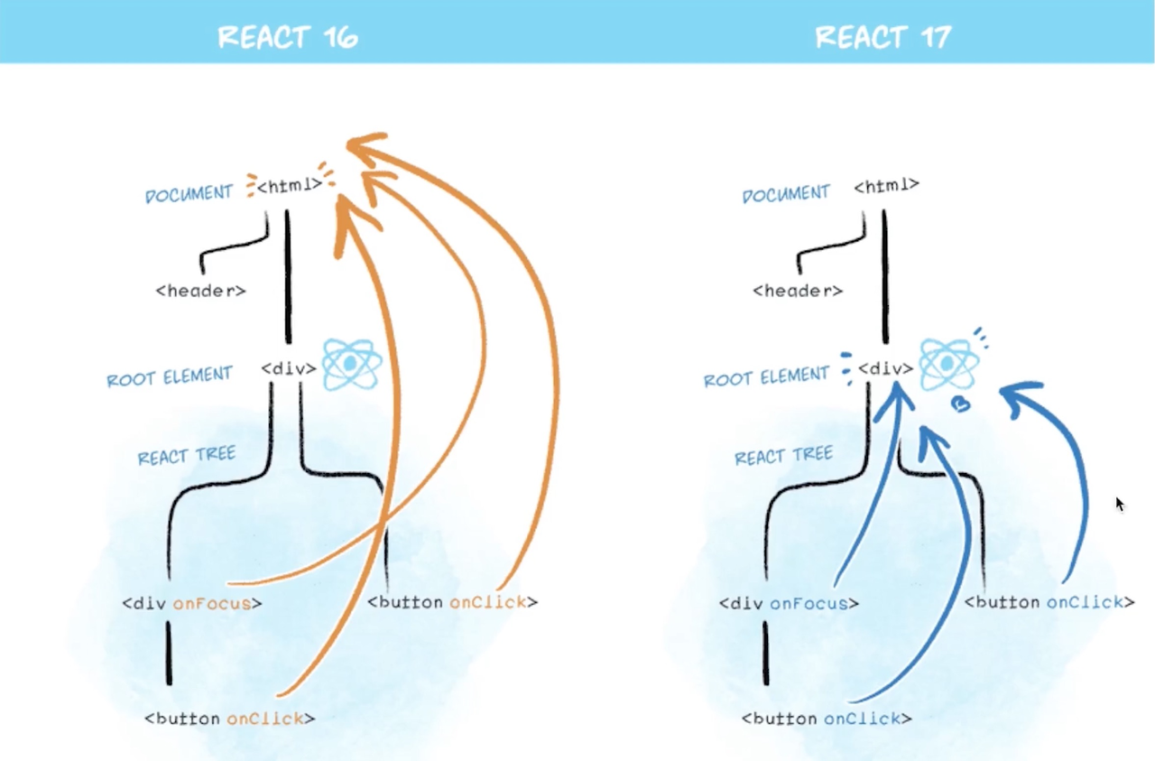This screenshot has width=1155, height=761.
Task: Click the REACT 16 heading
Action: tap(288, 37)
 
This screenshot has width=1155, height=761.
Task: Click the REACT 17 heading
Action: tap(883, 37)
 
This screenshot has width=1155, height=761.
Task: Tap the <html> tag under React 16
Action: tap(290, 185)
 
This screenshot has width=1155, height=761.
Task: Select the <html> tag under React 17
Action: tap(886, 185)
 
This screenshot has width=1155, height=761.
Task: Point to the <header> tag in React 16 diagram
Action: tap(200, 291)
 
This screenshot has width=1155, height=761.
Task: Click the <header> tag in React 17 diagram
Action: tap(798, 291)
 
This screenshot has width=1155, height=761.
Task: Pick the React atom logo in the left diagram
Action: tap(352, 364)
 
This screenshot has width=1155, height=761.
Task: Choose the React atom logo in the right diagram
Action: tap(948, 364)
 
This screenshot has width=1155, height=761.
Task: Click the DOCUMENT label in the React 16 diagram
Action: tap(189, 194)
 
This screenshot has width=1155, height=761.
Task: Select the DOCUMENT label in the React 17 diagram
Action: tap(786, 194)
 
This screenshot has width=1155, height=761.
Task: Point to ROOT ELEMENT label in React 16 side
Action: tap(170, 376)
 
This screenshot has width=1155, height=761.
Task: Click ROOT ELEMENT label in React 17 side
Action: tap(767, 376)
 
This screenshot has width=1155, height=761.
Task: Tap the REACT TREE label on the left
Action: tap(187, 456)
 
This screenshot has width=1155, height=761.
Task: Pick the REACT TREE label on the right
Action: tap(784, 456)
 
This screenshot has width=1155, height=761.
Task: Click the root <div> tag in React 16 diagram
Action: tap(289, 369)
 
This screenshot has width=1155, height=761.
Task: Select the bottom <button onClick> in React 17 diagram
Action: tap(827, 719)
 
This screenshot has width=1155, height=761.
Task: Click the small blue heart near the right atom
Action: tap(961, 404)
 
